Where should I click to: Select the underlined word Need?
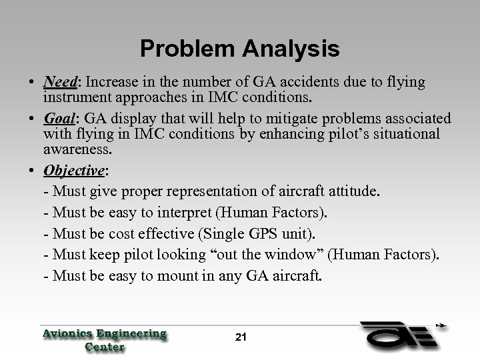(x=60, y=83)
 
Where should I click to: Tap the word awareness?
(x=73, y=149)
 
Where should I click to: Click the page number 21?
(x=241, y=337)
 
